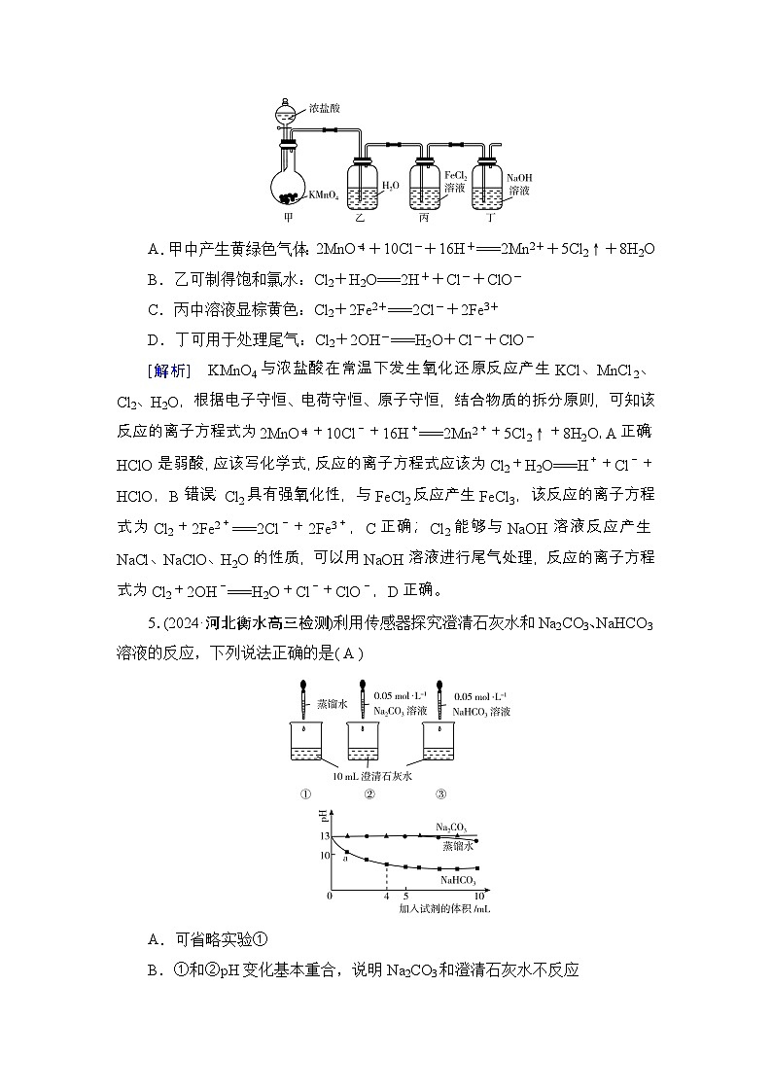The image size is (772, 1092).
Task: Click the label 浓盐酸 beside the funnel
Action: point(324,108)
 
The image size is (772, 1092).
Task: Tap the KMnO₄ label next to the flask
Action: point(324,195)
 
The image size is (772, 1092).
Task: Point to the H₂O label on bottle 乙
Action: point(389,184)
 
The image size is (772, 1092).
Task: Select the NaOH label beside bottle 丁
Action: point(519,179)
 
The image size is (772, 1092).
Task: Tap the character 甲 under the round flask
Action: point(289,220)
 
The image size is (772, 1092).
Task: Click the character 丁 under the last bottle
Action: point(491,220)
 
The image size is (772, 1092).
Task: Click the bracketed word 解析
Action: point(170,370)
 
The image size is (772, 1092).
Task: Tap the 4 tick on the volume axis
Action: point(386,896)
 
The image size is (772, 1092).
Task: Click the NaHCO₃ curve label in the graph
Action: point(457,880)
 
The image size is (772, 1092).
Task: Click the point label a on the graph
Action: point(344,857)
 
